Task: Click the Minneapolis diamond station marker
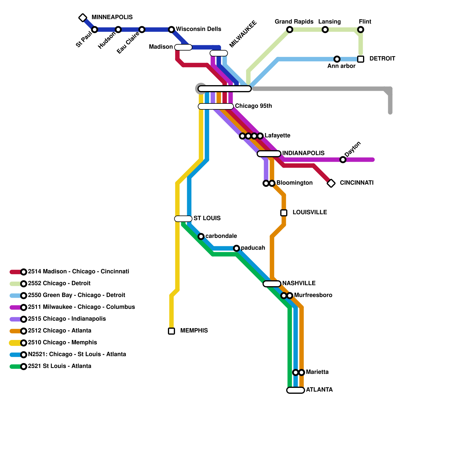[83, 18]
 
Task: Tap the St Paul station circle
[95, 30]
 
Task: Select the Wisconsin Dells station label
[198, 29]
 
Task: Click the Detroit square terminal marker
[361, 59]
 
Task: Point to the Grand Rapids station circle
[290, 30]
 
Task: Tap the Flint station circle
[361, 30]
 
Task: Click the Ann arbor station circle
[337, 59]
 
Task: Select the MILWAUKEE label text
[243, 34]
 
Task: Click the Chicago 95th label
[253, 106]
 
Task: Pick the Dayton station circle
[343, 160]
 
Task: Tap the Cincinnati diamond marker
[331, 183]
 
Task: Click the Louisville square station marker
[284, 213]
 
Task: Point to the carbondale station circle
[201, 237]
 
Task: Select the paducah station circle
[237, 248]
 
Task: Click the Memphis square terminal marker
[171, 331]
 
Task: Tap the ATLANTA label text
[319, 390]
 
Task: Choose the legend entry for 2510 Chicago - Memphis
[62, 342]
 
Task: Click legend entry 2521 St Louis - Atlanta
[59, 366]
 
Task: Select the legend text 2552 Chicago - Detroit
[59, 283]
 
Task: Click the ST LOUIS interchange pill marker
[183, 219]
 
